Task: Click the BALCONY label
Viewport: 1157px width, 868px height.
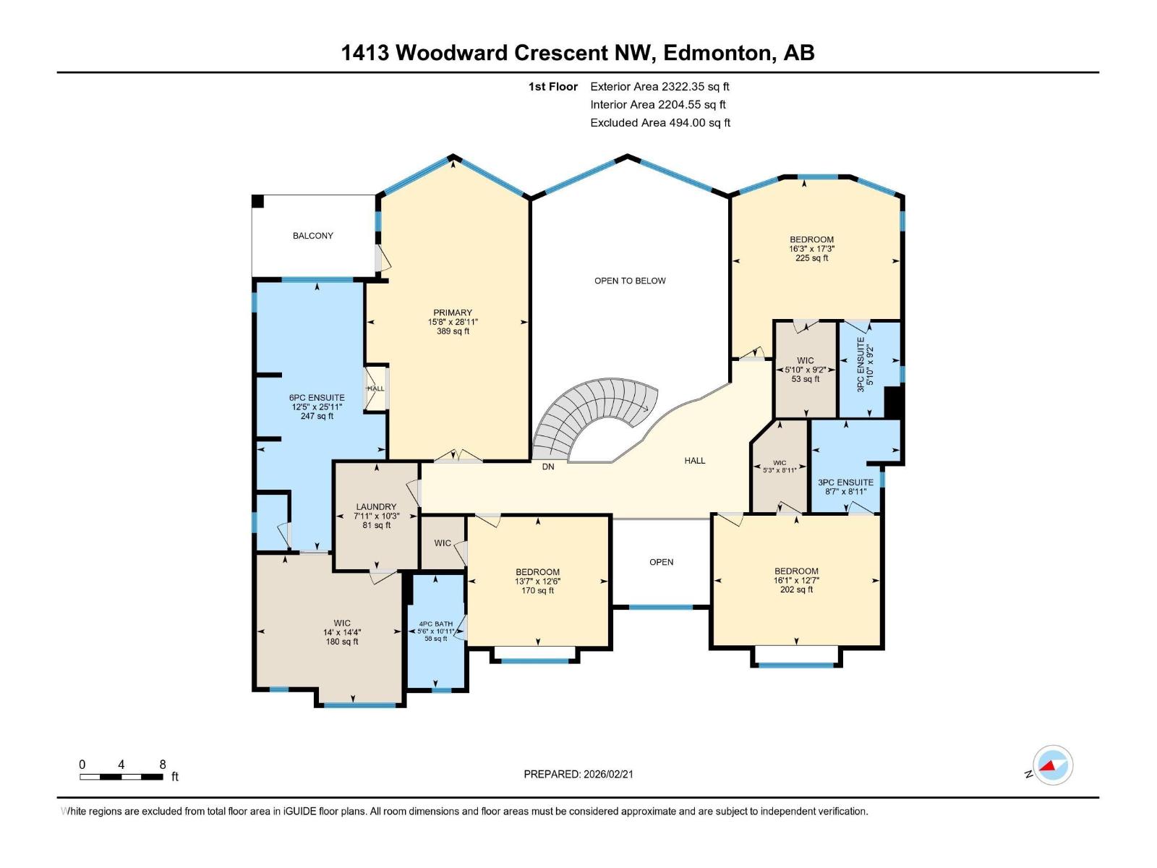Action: pos(312,236)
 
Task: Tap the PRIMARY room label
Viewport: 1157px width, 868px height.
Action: pos(453,322)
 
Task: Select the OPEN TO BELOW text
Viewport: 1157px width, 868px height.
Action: pos(630,281)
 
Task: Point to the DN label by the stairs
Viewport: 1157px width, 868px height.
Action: pos(548,467)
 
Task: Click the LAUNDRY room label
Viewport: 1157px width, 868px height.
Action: pos(376,516)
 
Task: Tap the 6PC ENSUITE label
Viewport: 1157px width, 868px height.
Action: pos(317,407)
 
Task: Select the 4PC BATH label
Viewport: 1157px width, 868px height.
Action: pos(436,631)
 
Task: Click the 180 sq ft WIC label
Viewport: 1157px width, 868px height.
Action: pos(342,632)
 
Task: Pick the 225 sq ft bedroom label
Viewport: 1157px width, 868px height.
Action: pos(811,249)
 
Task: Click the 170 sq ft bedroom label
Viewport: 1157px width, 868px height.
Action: pos(537,581)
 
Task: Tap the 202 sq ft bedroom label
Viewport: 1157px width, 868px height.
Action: pos(796,580)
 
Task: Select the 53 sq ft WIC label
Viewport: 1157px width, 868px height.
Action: pos(805,370)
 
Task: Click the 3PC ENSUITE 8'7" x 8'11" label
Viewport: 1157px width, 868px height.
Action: pos(845,487)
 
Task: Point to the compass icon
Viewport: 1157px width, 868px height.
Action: pos(1052,765)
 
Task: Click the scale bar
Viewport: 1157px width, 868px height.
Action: pos(121,777)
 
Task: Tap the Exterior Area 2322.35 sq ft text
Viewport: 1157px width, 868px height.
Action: pos(659,87)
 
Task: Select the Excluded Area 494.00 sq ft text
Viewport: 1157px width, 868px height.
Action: pos(659,123)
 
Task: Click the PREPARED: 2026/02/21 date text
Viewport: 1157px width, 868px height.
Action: pos(578,774)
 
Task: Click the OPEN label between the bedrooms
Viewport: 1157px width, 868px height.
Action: pos(661,562)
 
